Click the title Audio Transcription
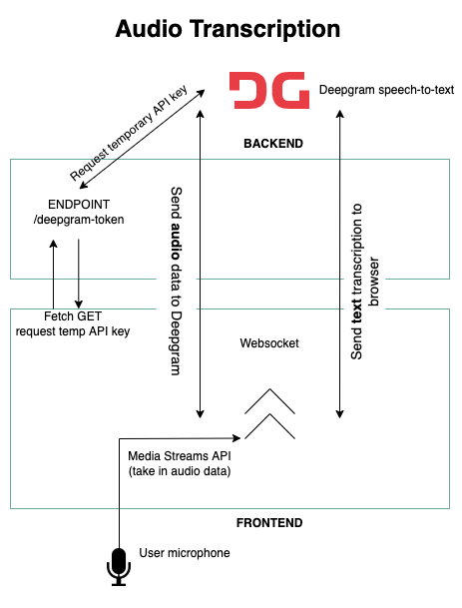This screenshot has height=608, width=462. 228,29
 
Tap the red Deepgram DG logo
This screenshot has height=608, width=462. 269,90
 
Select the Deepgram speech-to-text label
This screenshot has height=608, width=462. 386,90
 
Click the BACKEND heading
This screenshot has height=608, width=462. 273,144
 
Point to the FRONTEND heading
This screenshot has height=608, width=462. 269,523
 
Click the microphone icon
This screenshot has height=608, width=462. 119,567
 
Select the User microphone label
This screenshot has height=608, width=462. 185,553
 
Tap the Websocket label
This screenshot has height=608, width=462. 269,343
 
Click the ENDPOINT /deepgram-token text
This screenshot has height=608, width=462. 79,212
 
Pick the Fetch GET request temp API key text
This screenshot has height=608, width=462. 73,323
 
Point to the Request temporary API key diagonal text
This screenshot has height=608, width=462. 129,133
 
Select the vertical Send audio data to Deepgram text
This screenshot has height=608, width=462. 177,282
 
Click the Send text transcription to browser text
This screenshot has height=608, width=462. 364,282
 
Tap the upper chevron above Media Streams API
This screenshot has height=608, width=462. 269,401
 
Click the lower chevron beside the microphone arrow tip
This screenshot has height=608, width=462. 269,426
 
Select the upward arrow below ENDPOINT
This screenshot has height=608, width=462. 54,274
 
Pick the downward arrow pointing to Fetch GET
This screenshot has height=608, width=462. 79,274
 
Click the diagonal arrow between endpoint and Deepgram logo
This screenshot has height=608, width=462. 143,139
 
